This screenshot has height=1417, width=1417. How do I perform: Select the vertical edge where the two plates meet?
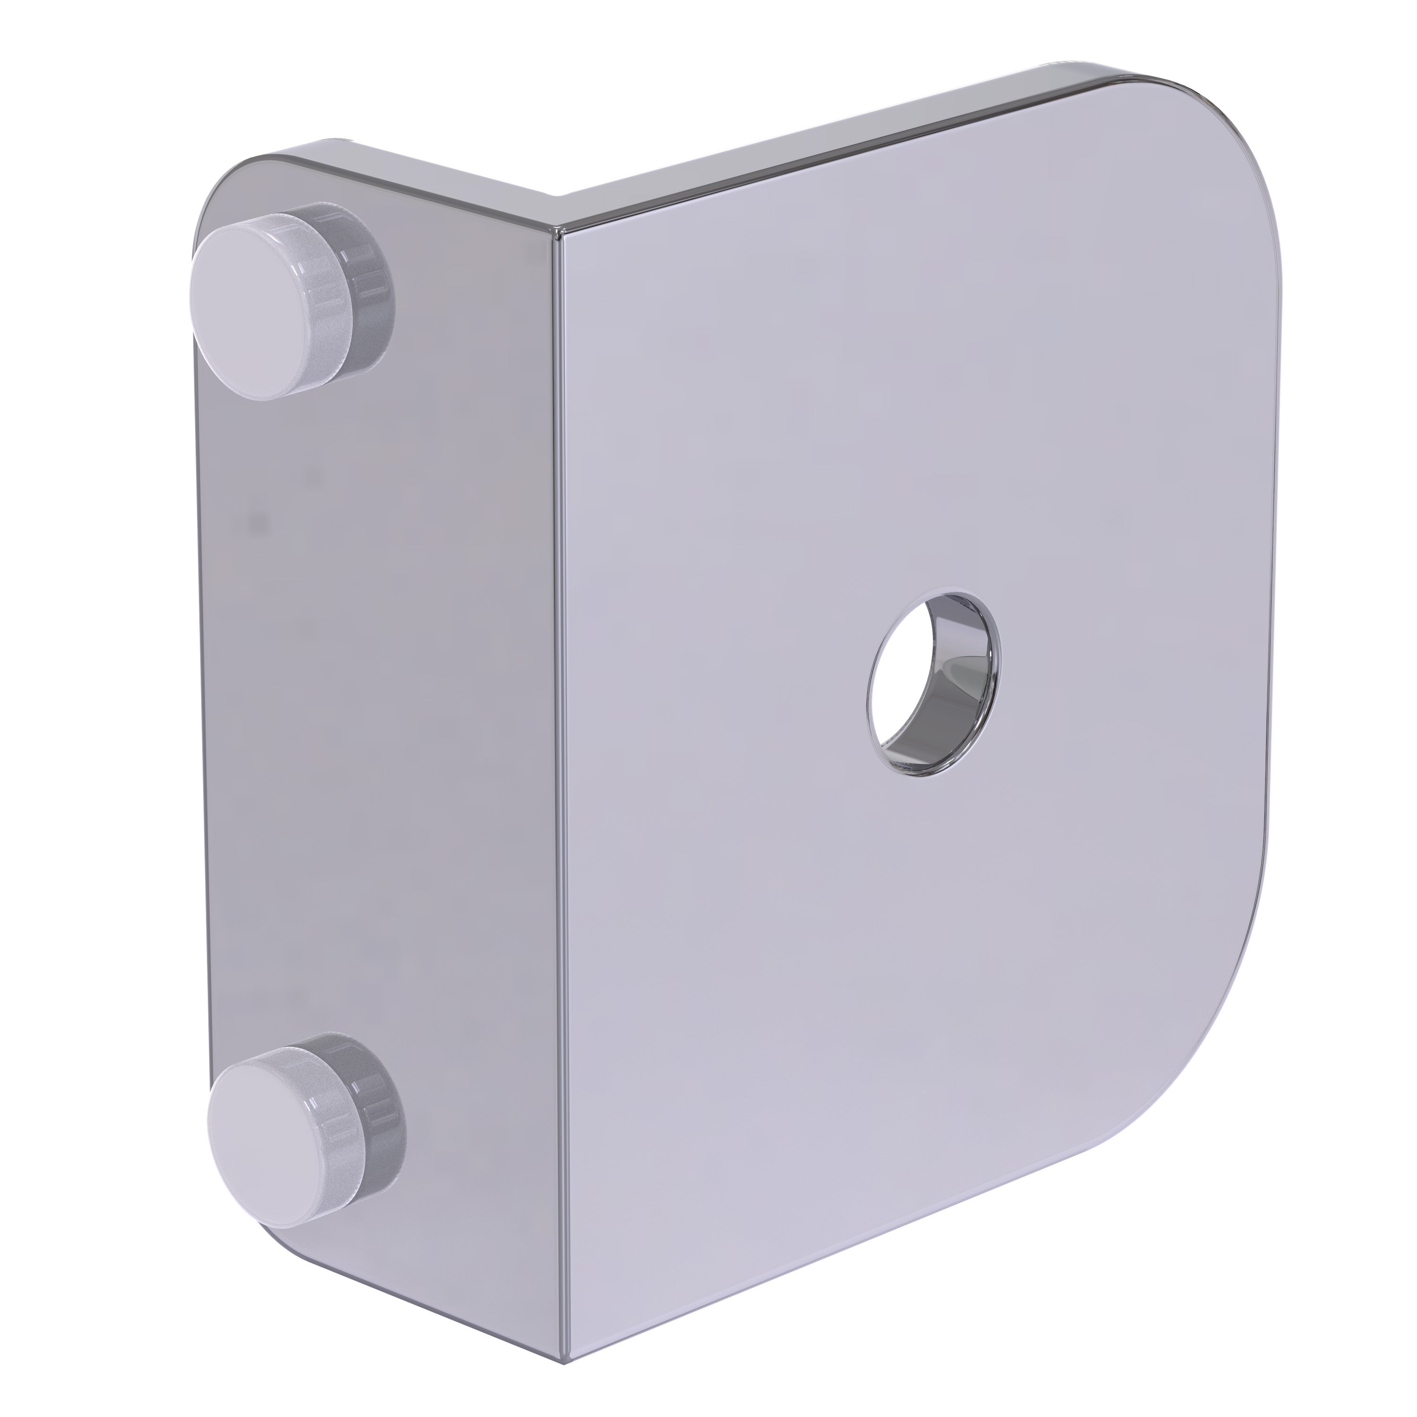[562, 734]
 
